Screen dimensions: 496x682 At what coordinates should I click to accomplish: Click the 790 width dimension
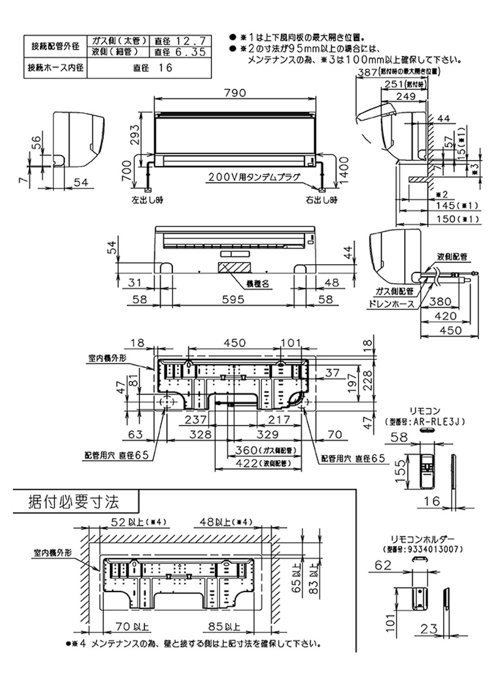coord(235,93)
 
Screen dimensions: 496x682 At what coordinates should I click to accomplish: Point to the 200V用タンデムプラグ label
coord(254,177)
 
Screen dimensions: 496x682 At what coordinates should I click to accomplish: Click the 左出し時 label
coord(147,200)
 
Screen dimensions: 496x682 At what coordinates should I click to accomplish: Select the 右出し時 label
coord(321,200)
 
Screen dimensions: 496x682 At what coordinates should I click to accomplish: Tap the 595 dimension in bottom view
coord(233,300)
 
